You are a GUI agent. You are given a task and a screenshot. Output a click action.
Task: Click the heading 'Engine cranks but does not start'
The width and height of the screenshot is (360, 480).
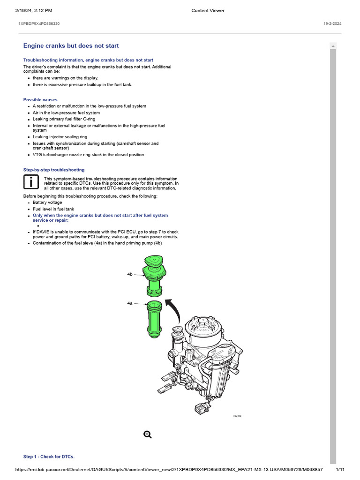[71, 46]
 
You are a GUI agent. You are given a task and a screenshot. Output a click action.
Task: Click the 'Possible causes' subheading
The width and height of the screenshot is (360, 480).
[40, 100]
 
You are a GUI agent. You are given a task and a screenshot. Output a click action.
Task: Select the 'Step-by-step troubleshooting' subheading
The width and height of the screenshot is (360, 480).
[54, 170]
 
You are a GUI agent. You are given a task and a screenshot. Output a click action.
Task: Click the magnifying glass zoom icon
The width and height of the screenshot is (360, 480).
[148, 435]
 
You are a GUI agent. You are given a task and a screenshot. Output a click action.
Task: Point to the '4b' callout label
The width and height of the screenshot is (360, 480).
[130, 274]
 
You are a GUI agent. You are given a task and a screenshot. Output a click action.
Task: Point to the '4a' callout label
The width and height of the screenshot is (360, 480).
[130, 303]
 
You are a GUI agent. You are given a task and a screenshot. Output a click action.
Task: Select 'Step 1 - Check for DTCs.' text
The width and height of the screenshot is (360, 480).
[49, 457]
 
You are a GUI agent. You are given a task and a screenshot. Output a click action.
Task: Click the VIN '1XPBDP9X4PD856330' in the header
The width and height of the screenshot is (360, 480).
[39, 23]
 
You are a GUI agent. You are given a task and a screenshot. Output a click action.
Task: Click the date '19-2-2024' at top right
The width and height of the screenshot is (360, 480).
[333, 23]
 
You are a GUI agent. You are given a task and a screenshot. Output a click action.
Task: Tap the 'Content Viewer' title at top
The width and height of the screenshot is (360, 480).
[208, 11]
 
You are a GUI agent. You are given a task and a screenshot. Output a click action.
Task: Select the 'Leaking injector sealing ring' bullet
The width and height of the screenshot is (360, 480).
[60, 137]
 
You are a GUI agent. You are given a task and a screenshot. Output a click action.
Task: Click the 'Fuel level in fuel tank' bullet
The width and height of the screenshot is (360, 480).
[53, 209]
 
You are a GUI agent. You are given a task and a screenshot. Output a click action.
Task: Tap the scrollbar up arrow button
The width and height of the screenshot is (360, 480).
[333, 45]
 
